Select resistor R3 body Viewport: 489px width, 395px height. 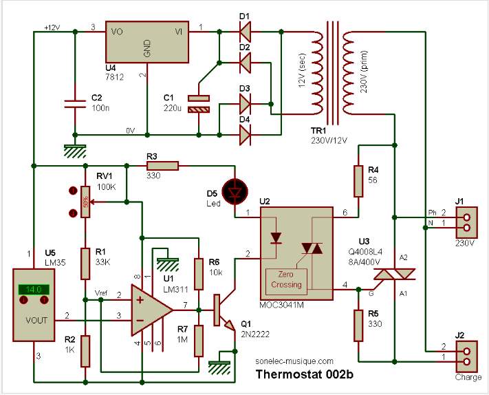(x=162, y=165)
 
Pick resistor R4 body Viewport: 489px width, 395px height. (x=358, y=181)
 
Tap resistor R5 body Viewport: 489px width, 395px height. (x=358, y=325)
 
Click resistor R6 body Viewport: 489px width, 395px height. (x=198, y=274)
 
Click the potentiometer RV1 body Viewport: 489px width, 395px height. (x=85, y=202)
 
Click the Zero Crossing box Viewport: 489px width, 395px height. (x=285, y=279)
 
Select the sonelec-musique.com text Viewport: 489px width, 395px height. (x=294, y=360)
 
